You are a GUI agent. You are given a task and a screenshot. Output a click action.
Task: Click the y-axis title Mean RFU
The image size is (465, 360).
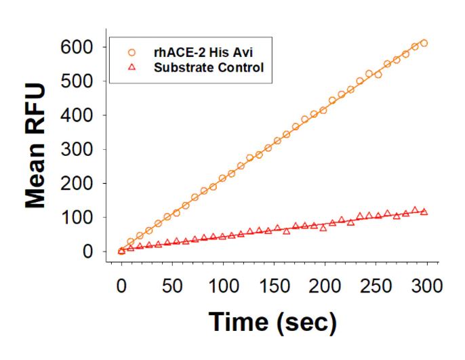coord(35,145)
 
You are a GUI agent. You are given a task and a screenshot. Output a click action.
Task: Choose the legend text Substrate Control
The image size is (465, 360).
coord(208,67)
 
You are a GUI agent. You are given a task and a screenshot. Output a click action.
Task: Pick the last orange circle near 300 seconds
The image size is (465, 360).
coord(424,43)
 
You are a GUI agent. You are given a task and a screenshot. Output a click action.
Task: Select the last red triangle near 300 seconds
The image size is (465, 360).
coord(424,212)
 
